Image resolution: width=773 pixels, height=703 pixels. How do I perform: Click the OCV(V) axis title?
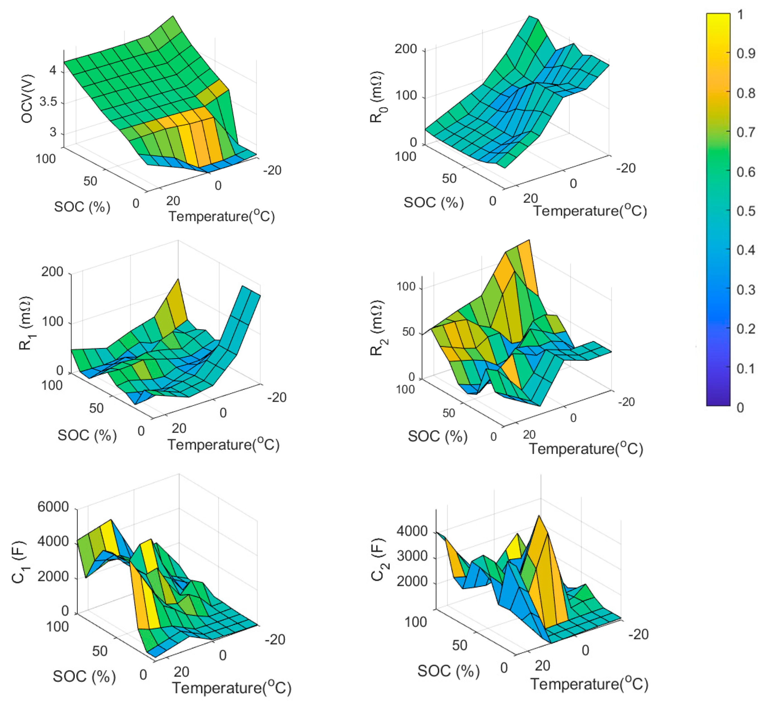(27, 99)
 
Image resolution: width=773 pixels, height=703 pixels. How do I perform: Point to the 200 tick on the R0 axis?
(406, 49)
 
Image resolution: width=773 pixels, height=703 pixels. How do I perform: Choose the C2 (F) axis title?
(379, 560)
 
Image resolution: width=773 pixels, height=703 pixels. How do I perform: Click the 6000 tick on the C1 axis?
(53, 507)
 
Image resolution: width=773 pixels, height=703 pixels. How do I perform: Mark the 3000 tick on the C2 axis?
(412, 556)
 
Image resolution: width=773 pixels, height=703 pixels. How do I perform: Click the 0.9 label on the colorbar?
(746, 53)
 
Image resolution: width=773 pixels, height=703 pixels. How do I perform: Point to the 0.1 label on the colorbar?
(746, 368)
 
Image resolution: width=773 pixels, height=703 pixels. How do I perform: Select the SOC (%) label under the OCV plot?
(82, 207)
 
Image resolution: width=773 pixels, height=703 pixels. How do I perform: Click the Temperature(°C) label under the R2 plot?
(586, 449)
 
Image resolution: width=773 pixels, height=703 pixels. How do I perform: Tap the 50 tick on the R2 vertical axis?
(409, 332)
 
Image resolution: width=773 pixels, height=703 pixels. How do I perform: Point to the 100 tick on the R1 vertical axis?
(53, 322)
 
